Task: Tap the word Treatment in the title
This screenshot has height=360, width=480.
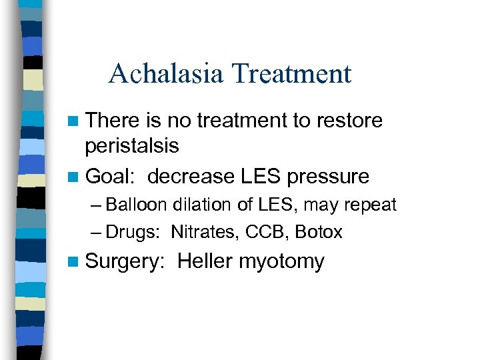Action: coord(291,73)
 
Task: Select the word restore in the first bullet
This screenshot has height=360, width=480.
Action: coord(346,121)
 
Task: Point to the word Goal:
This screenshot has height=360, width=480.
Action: coord(112,176)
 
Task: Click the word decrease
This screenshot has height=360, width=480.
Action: coord(191,176)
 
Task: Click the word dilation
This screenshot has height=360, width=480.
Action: coord(197,205)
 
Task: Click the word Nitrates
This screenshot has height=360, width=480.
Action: coord(199,232)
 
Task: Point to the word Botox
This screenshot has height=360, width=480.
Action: coord(319,232)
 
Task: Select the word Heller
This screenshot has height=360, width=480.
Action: coord(205,261)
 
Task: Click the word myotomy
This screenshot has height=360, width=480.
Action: coord(281,262)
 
